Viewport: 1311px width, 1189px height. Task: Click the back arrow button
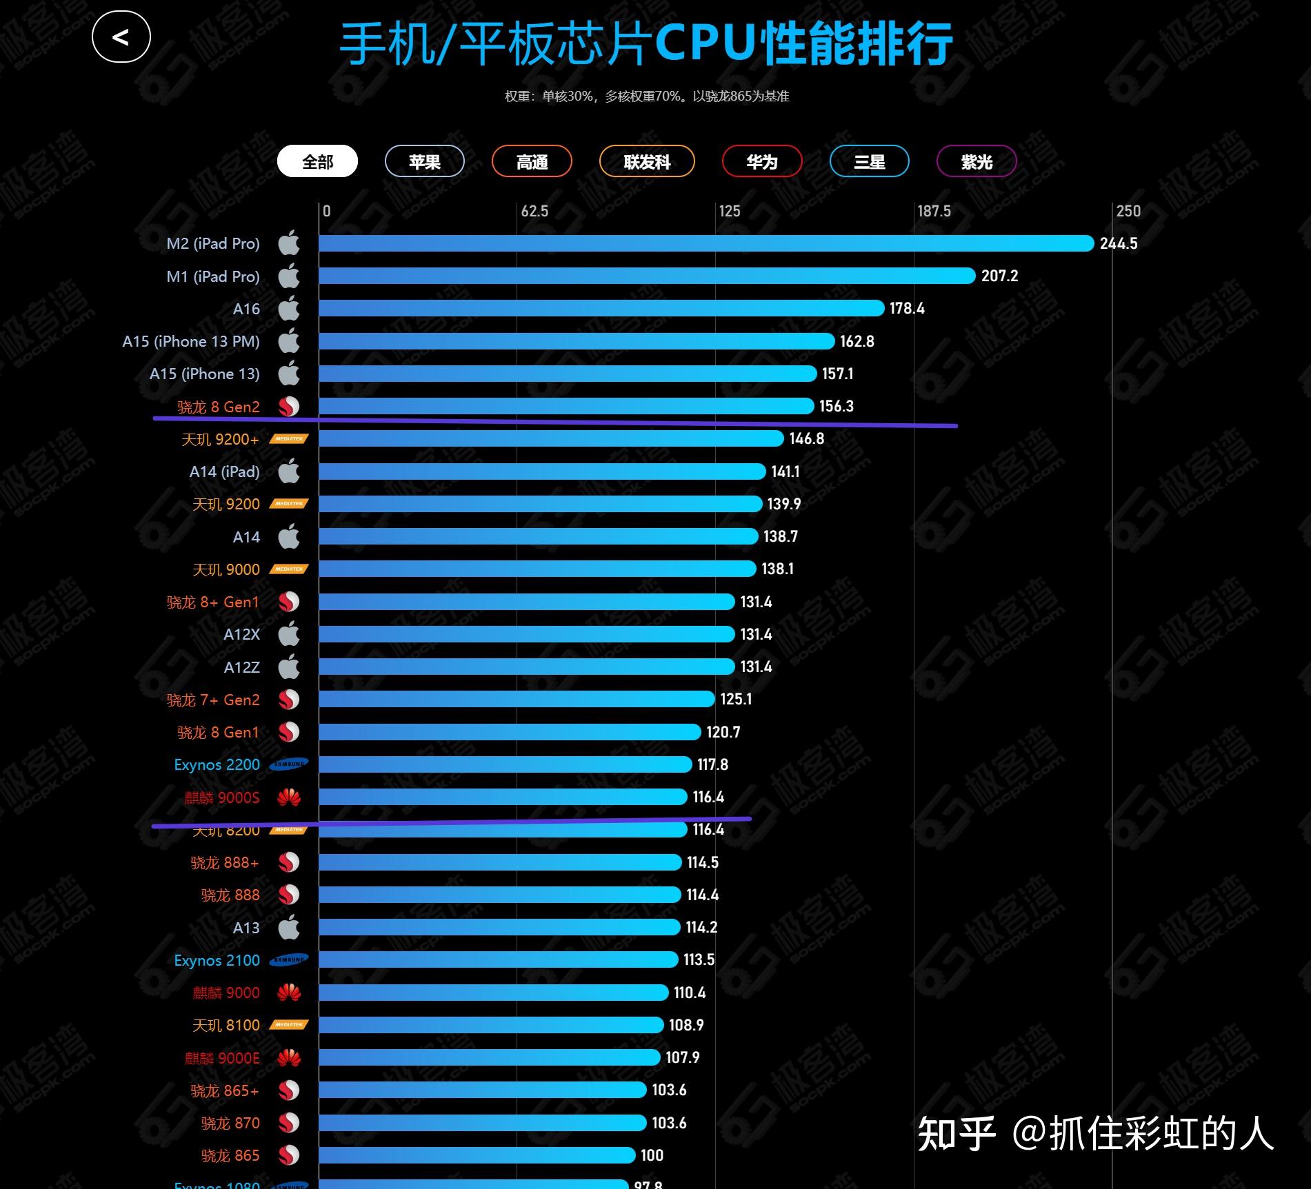pos(121,37)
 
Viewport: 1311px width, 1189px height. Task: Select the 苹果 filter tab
pos(424,162)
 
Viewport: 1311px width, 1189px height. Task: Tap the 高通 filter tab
pos(532,162)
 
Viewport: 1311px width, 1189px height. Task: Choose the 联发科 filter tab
pos(647,162)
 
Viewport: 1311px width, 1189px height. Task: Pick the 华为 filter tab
pos(762,162)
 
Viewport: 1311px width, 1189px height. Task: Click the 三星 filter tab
pos(869,162)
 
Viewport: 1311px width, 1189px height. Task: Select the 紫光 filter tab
pos(977,162)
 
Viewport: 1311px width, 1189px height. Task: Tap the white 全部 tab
pos(317,162)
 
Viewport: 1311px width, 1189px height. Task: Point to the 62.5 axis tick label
pos(534,211)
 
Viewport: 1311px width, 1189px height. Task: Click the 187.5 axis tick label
pos(934,211)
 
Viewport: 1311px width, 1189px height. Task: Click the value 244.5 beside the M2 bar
pos(1119,243)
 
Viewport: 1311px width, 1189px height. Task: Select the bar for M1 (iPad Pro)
pos(646,276)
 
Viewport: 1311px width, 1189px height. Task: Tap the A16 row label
pos(246,309)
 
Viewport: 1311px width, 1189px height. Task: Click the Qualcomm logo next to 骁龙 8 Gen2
pos(289,407)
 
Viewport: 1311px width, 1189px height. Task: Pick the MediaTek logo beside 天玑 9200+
pos(289,439)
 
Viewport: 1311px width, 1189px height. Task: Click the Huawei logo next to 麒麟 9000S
pos(289,797)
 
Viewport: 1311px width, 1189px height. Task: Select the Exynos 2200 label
pos(217,764)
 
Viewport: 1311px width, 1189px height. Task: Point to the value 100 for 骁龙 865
pos(652,1155)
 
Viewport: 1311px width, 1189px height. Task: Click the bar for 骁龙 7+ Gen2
pos(516,699)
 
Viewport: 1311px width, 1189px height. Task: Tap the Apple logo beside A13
pos(289,927)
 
